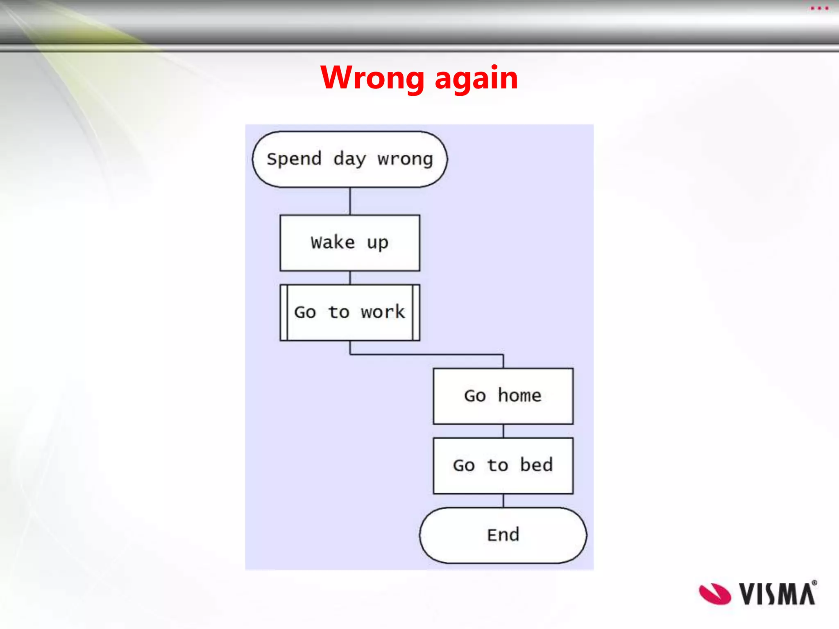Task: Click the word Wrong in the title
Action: coord(372,77)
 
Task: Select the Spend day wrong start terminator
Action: coord(350,159)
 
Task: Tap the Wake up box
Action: coord(350,243)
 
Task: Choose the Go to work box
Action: coord(350,312)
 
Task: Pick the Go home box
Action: coord(503,396)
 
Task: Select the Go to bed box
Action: coord(503,466)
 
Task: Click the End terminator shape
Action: coord(503,535)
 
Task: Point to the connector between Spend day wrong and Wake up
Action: coord(350,201)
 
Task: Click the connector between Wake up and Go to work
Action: coord(350,278)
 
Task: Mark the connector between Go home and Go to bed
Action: coord(503,431)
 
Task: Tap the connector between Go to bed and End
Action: coord(503,500)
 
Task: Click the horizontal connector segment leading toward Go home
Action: coord(426,354)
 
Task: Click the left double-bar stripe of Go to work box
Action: coord(284,312)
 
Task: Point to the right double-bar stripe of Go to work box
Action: coord(416,312)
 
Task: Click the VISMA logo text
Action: coord(777,594)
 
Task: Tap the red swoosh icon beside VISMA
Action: coord(714,594)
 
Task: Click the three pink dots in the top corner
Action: coord(819,8)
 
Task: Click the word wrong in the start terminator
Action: coord(405,159)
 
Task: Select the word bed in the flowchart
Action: coord(536,465)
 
